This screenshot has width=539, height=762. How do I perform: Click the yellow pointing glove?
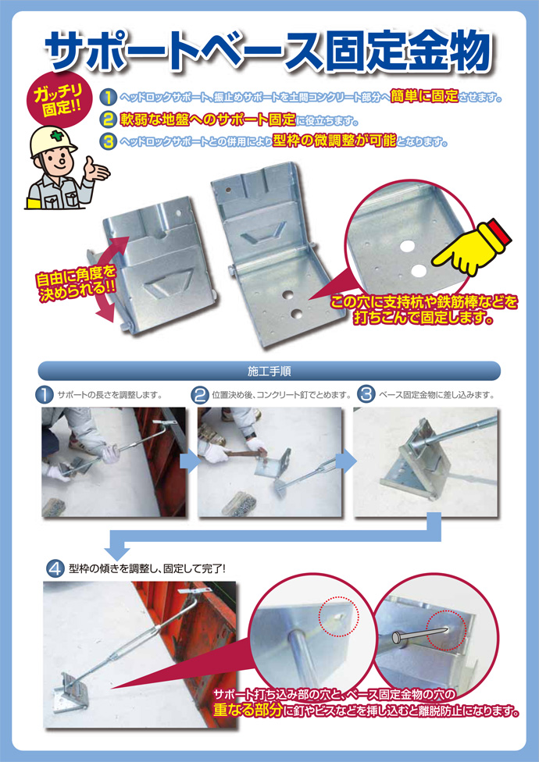pyautogui.click(x=470, y=247)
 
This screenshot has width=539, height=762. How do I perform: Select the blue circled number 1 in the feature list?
pyautogui.click(x=108, y=97)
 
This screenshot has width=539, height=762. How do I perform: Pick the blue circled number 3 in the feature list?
pyautogui.click(x=108, y=141)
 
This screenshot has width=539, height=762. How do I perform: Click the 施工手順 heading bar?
pyautogui.click(x=269, y=372)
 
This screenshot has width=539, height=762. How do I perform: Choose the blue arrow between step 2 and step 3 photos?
pyautogui.click(x=345, y=462)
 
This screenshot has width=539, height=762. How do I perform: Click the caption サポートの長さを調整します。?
pyautogui.click(x=109, y=394)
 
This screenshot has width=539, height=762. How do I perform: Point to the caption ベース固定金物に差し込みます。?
pyautogui.click(x=437, y=394)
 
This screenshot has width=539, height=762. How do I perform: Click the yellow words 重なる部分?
pyautogui.click(x=248, y=710)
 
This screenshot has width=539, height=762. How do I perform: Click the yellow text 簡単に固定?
pyautogui.click(x=424, y=96)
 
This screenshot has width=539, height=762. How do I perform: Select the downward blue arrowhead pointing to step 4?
pyautogui.click(x=118, y=552)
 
